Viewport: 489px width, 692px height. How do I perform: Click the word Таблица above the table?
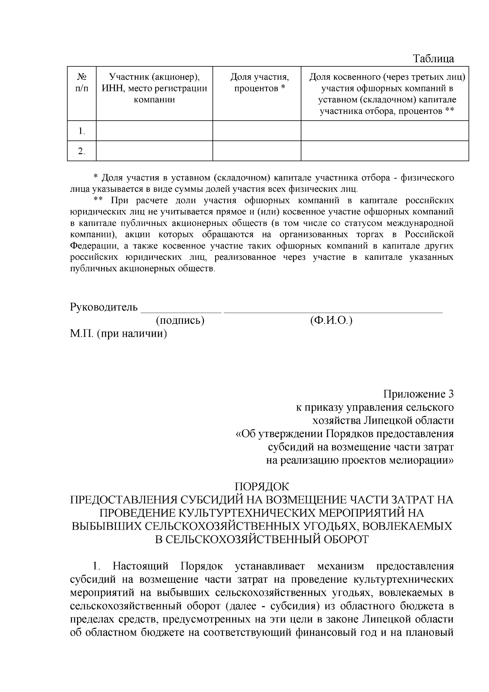click(434, 59)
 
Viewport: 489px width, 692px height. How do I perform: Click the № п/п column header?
click(81, 82)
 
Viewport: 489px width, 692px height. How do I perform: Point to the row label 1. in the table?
click(81, 131)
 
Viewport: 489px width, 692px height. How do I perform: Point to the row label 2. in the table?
click(81, 151)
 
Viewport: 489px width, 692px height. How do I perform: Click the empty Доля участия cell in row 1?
click(257, 131)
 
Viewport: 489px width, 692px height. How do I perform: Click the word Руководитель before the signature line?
click(104, 307)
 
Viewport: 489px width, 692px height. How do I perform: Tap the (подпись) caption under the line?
click(180, 321)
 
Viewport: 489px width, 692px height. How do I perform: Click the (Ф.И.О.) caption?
click(331, 321)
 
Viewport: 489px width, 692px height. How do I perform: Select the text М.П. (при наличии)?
click(119, 334)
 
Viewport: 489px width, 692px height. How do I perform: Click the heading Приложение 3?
click(418, 394)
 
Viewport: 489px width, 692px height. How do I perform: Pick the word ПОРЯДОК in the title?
click(262, 487)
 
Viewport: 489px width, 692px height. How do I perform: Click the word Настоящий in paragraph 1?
click(141, 566)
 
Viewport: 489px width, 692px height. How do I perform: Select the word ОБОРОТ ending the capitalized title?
click(346, 539)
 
